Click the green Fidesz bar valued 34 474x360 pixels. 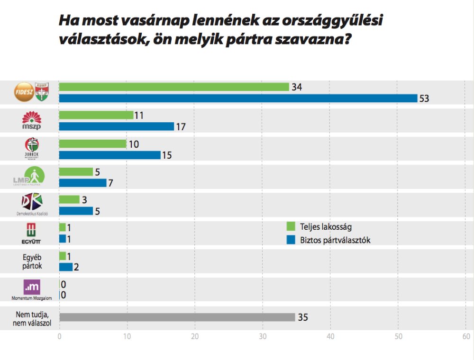point(174,87)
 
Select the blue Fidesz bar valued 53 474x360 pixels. point(238,98)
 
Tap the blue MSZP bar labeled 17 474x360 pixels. point(117,126)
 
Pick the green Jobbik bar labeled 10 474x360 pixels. point(93,144)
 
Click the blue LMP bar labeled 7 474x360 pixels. point(83,183)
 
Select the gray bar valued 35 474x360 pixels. point(177,317)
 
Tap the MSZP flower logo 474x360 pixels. point(32,121)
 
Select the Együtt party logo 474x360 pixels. point(32,233)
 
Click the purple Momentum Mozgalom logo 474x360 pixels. point(32,287)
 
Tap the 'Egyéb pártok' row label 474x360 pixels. point(32,261)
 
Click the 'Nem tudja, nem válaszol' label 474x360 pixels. point(32,317)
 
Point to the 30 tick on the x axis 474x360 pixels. point(263,336)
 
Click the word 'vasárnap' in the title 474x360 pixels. point(147,21)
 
